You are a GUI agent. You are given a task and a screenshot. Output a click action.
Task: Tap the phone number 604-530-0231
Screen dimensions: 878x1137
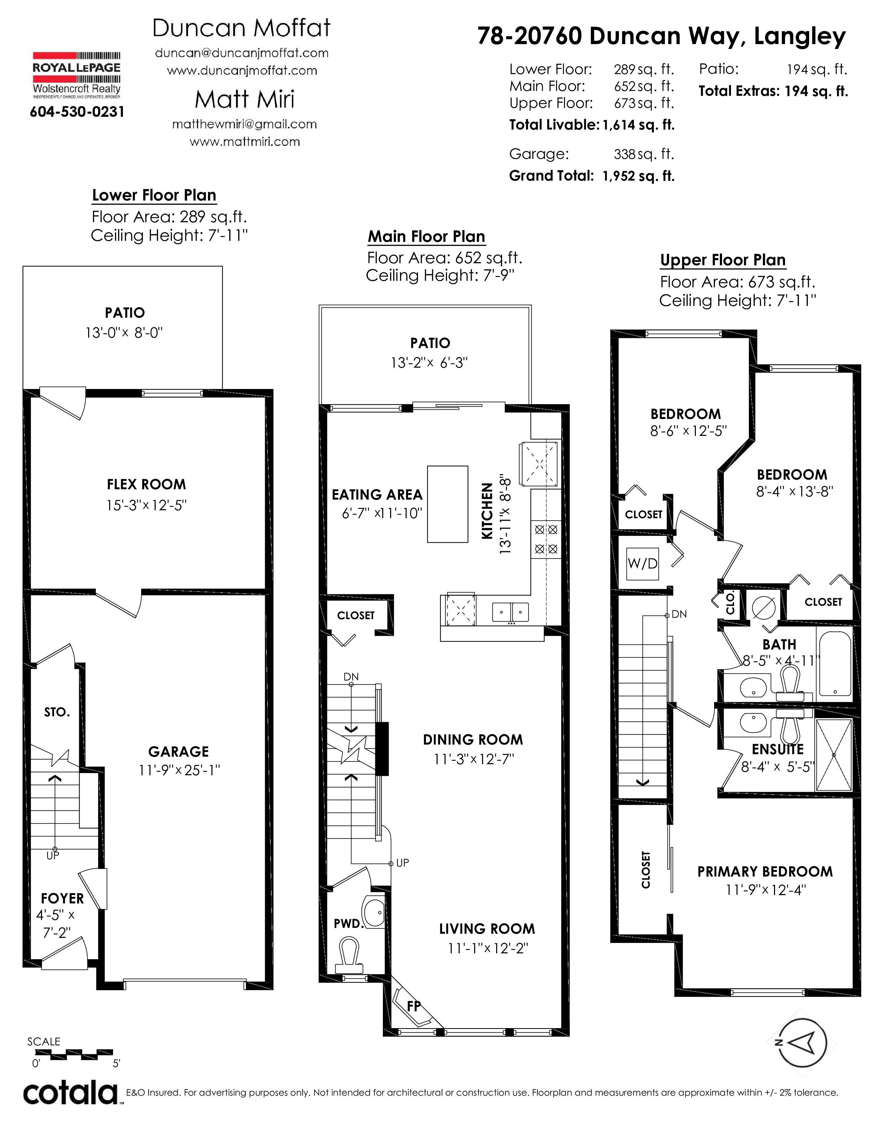pos(77,112)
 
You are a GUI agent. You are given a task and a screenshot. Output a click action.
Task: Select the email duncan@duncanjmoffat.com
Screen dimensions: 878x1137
pos(242,53)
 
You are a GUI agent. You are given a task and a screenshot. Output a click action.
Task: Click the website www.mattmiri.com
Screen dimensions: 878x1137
pos(244,142)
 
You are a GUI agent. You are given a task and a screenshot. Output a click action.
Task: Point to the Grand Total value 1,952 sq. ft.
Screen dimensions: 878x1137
pos(639,176)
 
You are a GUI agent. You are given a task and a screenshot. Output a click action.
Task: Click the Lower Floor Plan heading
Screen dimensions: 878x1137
pos(154,195)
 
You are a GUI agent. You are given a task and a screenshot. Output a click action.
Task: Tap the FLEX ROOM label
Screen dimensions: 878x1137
pos(146,485)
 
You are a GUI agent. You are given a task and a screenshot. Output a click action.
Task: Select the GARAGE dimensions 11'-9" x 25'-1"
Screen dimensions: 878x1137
pos(179,770)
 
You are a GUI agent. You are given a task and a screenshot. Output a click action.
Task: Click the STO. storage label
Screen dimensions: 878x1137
pos(57,712)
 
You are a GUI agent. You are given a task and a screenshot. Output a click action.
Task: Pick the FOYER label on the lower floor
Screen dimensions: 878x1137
pos(62,899)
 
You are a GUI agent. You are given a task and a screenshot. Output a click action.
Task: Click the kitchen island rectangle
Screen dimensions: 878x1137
pos(447,504)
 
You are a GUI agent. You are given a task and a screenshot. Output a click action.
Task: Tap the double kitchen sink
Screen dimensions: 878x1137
pos(511,613)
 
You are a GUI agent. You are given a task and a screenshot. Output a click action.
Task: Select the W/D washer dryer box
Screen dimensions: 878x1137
pos(642,564)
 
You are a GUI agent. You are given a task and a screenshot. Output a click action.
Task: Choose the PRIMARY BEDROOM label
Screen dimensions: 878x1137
pos(765,872)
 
